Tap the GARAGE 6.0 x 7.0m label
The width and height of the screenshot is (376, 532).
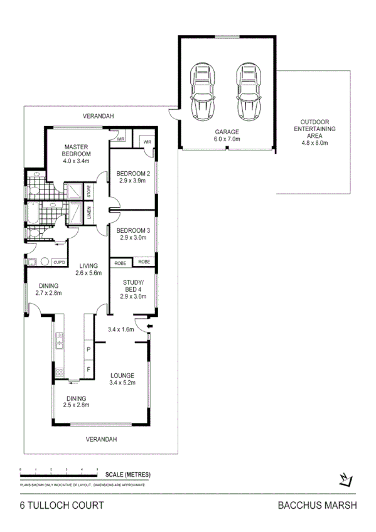227,136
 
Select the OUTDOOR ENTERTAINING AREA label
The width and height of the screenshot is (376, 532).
314,132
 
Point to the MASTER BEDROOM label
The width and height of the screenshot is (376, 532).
77,153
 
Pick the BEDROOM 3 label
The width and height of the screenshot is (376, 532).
132,233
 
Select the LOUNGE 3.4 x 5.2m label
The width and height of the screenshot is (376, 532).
122,379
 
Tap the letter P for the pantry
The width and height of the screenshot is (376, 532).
89,349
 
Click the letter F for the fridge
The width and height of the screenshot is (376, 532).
89,370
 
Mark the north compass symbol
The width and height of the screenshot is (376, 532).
343,480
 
